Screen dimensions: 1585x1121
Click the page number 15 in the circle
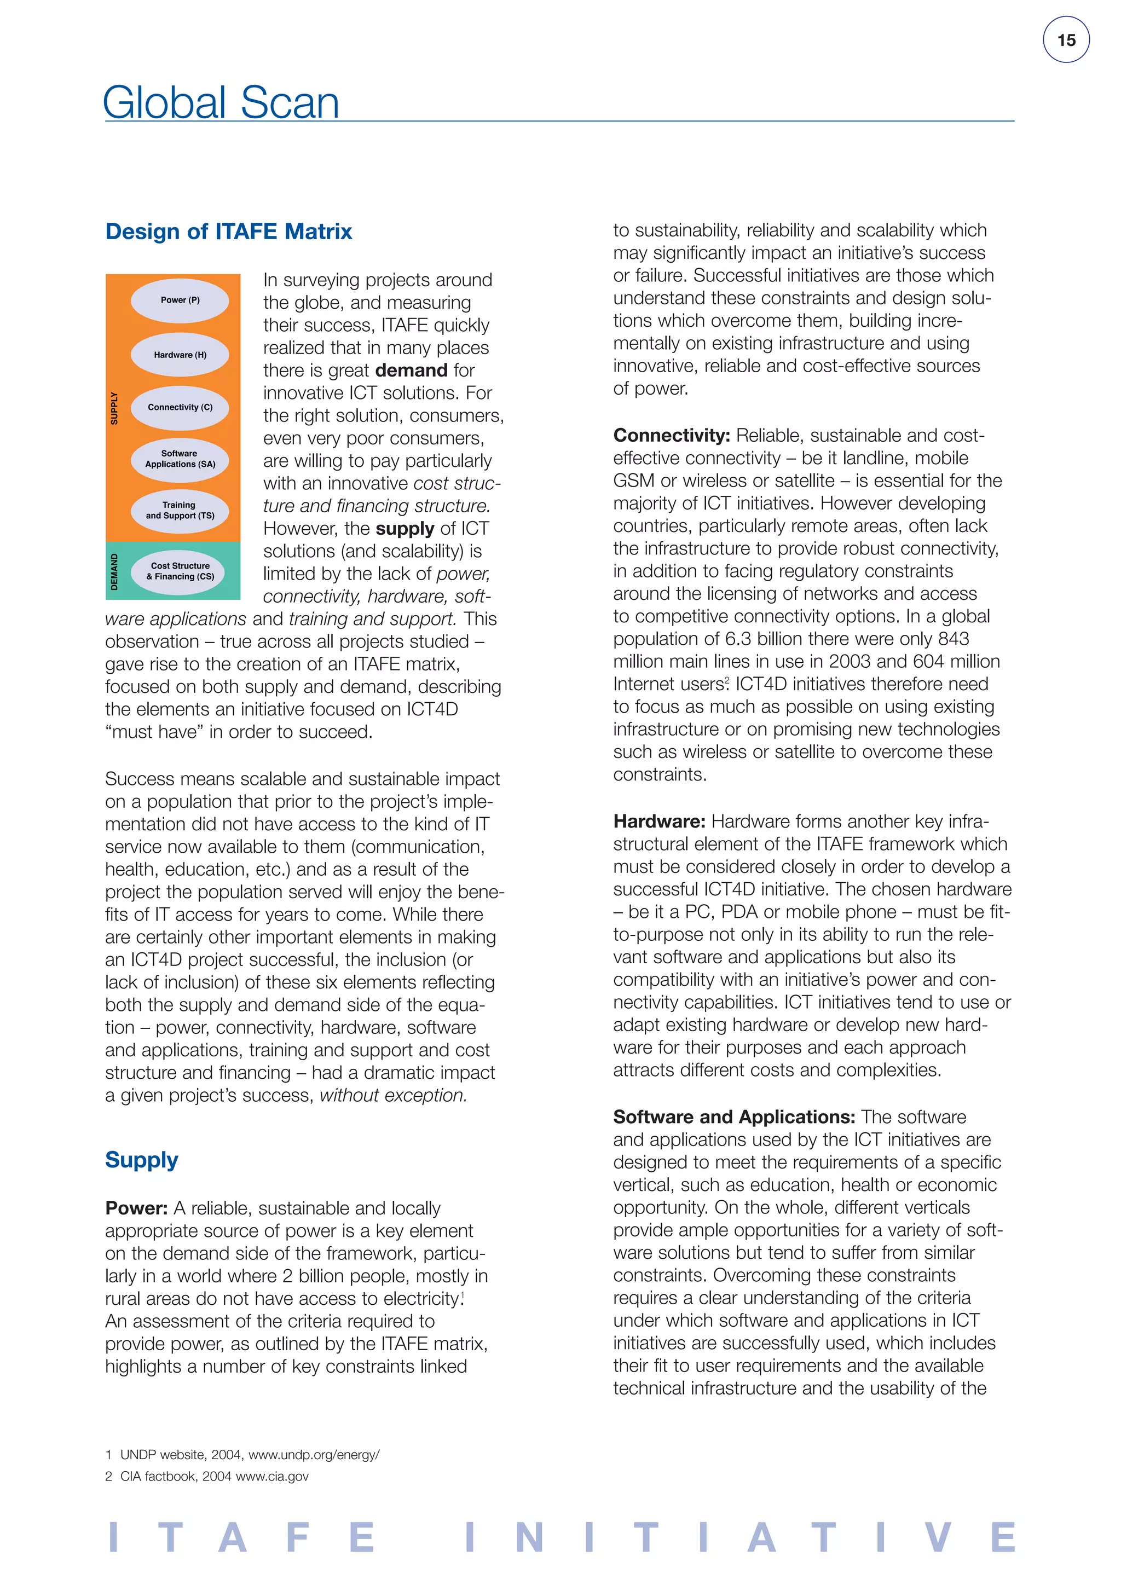pos(1066,40)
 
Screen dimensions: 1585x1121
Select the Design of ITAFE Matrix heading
pos(228,232)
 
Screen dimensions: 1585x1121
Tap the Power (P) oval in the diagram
pos(180,300)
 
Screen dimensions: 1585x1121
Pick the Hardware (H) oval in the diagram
pos(180,355)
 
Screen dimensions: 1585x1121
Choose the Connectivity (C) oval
pos(180,407)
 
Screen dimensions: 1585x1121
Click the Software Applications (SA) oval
pos(180,459)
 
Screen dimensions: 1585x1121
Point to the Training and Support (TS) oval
pos(180,511)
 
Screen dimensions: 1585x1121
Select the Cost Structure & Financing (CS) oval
pos(180,571)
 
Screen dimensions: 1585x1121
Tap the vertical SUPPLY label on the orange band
pos(114,408)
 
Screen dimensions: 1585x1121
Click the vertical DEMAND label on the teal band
pos(114,571)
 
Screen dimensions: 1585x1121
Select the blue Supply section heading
pos(142,1160)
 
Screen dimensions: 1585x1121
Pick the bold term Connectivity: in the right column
pos(671,436)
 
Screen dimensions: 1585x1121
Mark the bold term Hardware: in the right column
pos(659,822)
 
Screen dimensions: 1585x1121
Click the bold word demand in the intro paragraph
pos(412,371)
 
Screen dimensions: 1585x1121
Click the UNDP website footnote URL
pos(314,1455)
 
